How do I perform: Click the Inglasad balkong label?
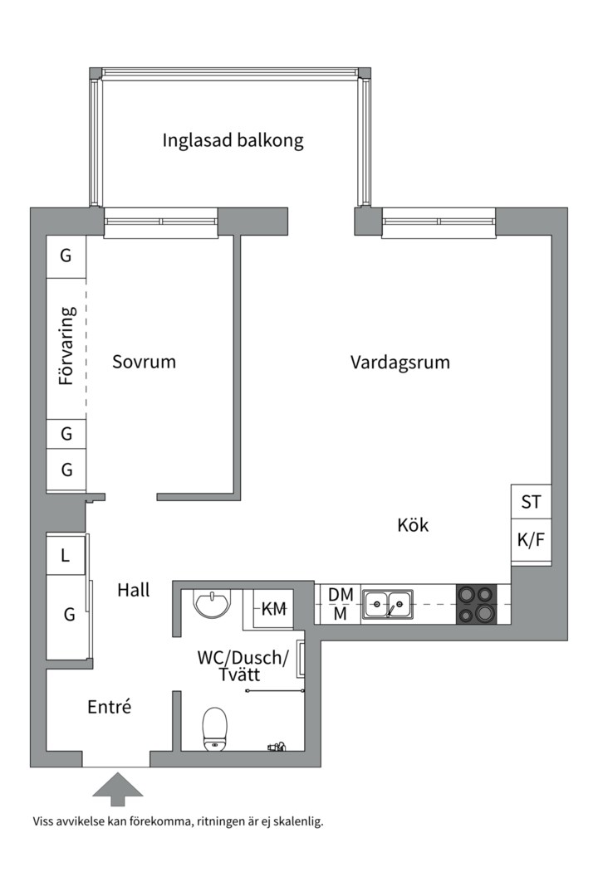(233, 140)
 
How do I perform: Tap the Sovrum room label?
(145, 362)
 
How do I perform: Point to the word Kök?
(413, 525)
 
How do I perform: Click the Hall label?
(134, 590)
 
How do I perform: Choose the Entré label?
(110, 707)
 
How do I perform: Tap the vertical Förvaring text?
(67, 346)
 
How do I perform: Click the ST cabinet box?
(531, 502)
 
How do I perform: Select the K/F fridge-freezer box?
(531, 540)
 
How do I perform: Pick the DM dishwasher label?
(341, 594)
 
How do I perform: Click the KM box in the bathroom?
(274, 609)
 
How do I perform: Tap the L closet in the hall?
(66, 556)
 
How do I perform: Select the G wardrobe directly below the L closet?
(69, 615)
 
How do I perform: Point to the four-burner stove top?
(476, 604)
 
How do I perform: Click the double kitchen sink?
(388, 604)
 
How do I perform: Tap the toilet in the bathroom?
(215, 728)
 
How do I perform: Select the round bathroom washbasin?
(213, 603)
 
